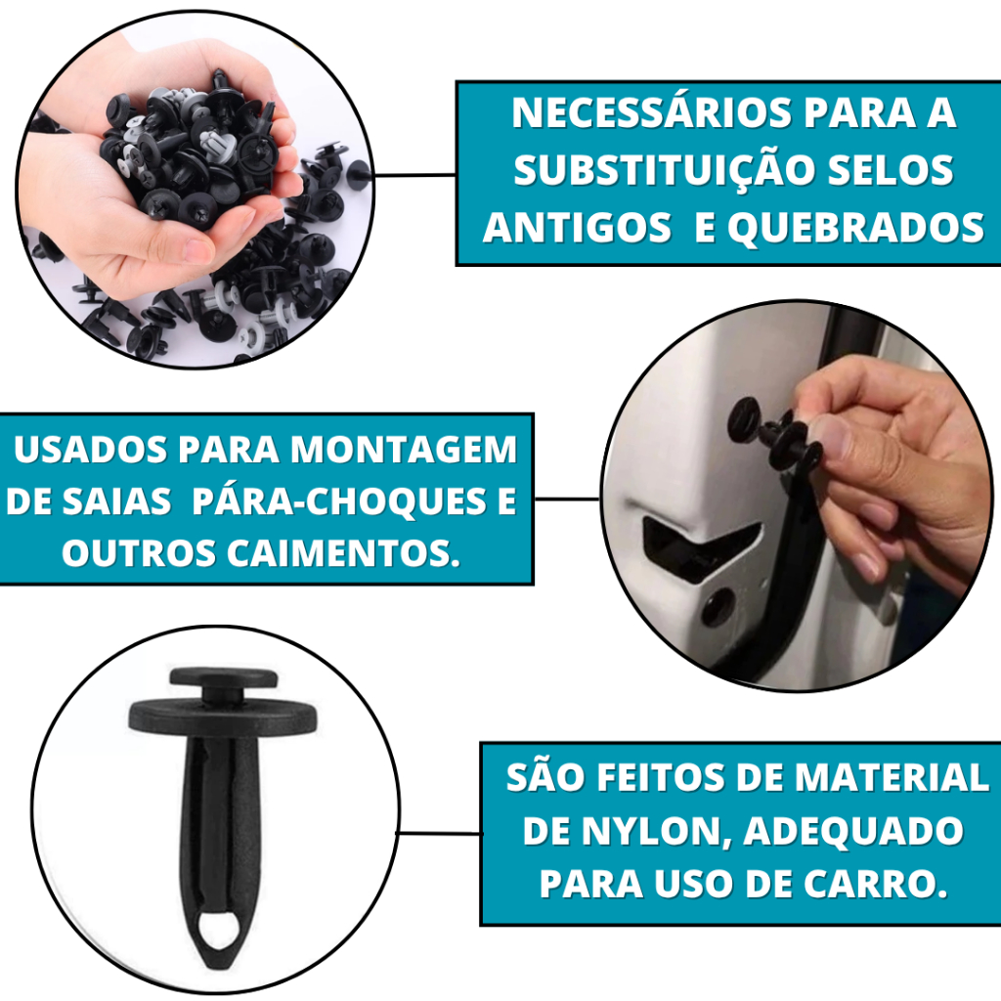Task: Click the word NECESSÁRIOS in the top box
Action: pyautogui.click(x=652, y=113)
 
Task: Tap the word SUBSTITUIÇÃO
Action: pyautogui.click(x=665, y=170)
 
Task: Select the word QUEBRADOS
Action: pyautogui.click(x=856, y=227)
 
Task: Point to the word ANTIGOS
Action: pyautogui.click(x=577, y=227)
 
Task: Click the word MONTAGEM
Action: pyautogui.click(x=404, y=450)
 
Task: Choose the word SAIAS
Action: pyautogui.click(x=117, y=501)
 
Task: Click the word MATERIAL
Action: pyautogui.click(x=892, y=777)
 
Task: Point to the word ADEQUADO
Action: pyautogui.click(x=853, y=831)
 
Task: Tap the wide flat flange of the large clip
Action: pyautogui.click(x=223, y=717)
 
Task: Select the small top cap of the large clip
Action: pyautogui.click(x=224, y=677)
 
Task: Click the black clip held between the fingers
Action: pyautogui.click(x=774, y=434)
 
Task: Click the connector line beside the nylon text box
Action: pyautogui.click(x=439, y=833)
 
